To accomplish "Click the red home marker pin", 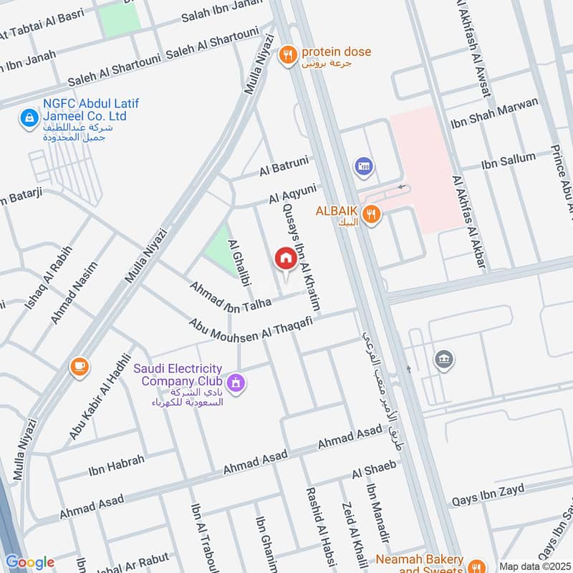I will (286, 259).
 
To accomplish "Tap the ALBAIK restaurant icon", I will (370, 213).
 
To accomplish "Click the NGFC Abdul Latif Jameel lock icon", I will (29, 117).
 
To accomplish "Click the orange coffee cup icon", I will (80, 367).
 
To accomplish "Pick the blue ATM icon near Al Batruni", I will (363, 167).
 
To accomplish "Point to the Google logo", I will (29, 562).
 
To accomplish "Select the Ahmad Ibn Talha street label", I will (231, 294).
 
